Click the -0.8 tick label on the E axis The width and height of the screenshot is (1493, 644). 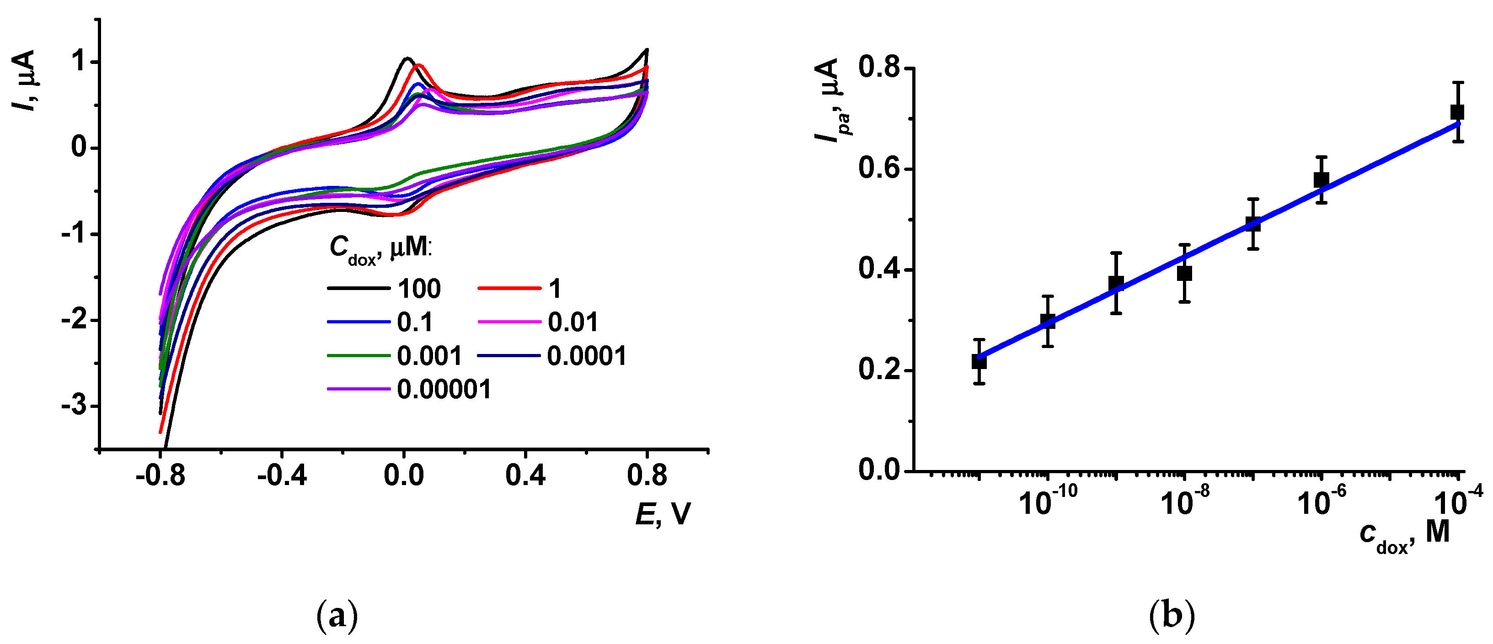[x=160, y=476]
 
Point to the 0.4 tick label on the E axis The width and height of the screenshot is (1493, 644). [x=525, y=476]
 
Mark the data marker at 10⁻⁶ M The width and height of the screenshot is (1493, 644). [x=1321, y=179]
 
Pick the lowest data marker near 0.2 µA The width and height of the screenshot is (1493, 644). [x=979, y=362]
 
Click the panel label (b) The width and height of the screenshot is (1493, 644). [x=1172, y=616]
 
